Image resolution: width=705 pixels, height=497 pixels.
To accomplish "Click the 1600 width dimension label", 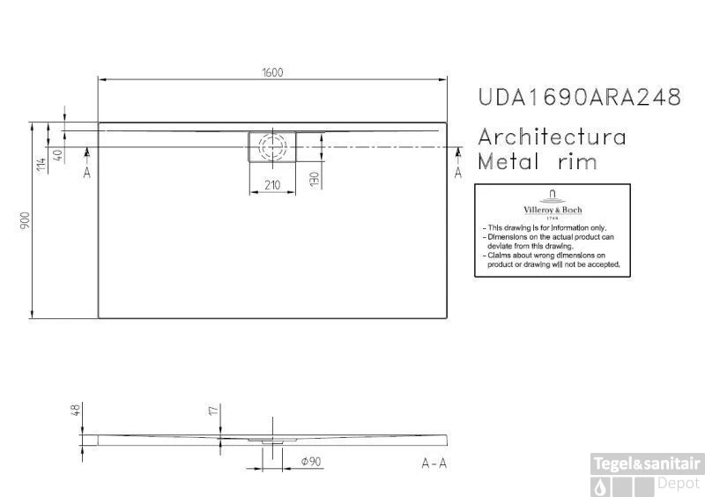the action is point(272,72).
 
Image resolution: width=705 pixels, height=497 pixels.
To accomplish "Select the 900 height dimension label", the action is point(26,220).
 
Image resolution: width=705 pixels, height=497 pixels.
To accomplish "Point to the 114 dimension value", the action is point(41,164).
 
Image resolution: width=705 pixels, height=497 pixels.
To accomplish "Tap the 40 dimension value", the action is point(58,156).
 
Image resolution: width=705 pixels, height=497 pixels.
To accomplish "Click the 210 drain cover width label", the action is point(272,185).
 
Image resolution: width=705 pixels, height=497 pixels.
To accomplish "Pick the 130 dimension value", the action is point(315,179).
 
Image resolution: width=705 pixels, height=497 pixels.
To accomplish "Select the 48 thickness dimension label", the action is point(76,410).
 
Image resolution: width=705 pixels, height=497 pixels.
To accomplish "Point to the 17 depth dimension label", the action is point(213,410).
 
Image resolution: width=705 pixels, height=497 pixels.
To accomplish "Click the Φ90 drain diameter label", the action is point(311,462).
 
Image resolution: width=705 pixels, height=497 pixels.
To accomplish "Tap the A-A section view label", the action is point(434,463).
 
